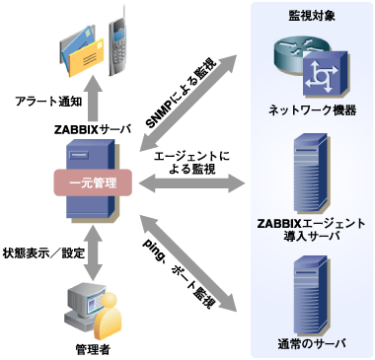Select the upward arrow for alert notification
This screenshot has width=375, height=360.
coord(97,101)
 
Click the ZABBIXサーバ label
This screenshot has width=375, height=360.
coord(97,127)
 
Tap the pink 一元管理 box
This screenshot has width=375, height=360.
coord(97,182)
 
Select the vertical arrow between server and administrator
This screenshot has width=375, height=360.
coord(97,250)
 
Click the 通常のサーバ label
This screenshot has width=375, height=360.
coord(311,345)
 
